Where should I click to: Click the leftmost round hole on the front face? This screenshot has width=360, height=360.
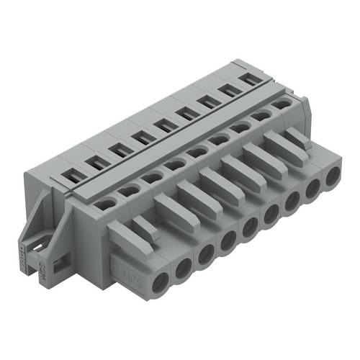(x=161, y=279)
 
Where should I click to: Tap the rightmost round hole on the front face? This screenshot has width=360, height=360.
(x=333, y=178)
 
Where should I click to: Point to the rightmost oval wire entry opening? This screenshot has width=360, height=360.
(x=282, y=103)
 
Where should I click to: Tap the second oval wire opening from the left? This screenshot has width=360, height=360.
(x=130, y=190)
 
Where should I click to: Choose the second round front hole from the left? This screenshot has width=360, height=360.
(x=184, y=266)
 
